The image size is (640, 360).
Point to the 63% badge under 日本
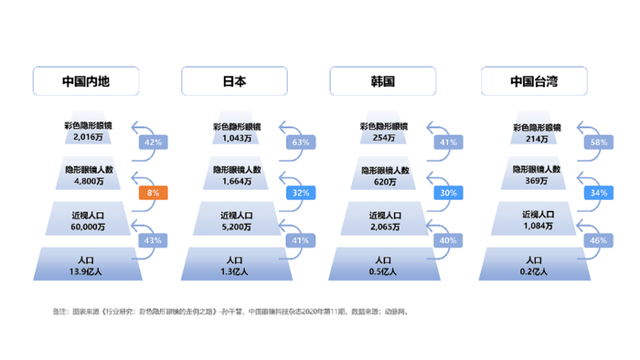tap(300, 143)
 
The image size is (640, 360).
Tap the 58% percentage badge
tap(599, 143)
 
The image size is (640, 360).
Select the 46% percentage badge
tap(599, 240)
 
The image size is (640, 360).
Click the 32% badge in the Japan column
tap(300, 193)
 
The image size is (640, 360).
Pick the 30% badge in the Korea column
tap(448, 193)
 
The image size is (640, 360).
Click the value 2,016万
tap(88, 138)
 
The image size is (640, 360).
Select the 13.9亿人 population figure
tap(88, 271)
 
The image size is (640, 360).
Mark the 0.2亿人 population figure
tap(534, 271)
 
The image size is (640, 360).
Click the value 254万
tap(384, 138)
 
